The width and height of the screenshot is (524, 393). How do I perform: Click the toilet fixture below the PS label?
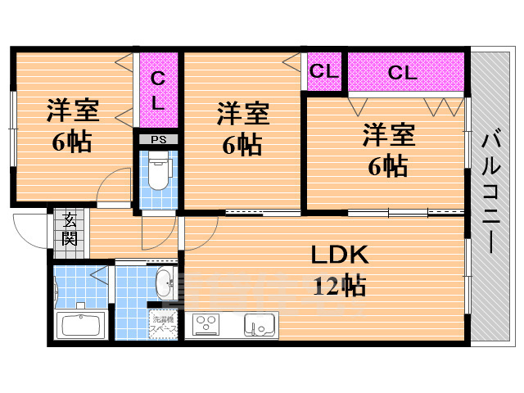(158, 173)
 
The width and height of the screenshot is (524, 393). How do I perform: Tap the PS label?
(158, 138)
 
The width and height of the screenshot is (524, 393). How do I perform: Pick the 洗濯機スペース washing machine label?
(164, 323)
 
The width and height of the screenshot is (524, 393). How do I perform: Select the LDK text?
(338, 255)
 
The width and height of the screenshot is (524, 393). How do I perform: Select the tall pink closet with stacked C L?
(158, 90)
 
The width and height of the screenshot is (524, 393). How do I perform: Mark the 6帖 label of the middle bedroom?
(242, 145)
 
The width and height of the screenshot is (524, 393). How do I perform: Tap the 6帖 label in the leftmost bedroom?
(71, 142)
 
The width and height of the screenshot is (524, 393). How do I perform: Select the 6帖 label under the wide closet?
(388, 165)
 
